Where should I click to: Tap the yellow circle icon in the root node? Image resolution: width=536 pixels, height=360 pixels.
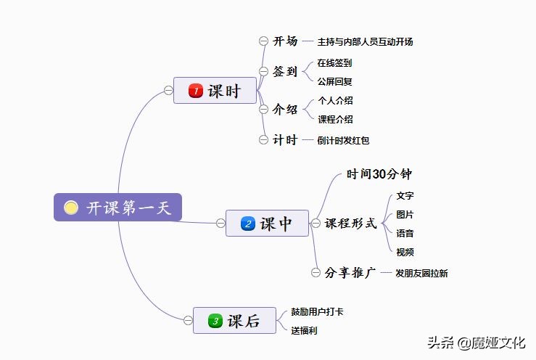[71, 208]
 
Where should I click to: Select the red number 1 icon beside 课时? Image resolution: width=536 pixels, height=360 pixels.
[195, 91]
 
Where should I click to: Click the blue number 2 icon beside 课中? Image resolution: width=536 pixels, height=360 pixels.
[247, 224]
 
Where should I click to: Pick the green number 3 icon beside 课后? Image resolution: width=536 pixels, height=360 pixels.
[215, 320]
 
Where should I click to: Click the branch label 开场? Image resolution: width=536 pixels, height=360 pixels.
[285, 41]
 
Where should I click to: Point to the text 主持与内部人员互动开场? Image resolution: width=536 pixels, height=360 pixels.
[365, 42]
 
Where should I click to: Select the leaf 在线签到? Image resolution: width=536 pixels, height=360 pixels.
[334, 63]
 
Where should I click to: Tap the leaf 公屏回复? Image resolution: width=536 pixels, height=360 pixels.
[334, 81]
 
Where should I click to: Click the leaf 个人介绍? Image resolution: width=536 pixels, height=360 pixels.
[335, 100]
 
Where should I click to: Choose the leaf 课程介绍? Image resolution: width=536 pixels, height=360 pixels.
[335, 119]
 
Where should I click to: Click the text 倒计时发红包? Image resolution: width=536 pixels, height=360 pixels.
[343, 141]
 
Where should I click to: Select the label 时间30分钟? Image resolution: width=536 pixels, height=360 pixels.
[379, 174]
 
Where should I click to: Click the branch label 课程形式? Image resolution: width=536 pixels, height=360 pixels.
[350, 224]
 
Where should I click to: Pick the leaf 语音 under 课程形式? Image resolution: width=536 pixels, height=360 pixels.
[405, 234]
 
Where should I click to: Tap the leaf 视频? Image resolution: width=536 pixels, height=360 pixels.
[405, 252]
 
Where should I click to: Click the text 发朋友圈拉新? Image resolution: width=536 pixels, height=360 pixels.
[421, 274]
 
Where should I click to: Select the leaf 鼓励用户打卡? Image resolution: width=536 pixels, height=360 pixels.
[317, 312]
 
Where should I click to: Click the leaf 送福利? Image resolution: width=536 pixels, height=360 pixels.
[304, 330]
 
